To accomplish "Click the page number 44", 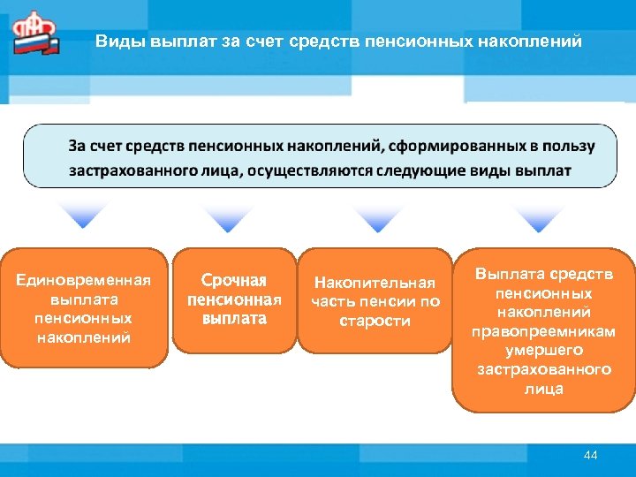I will pyautogui.click(x=591, y=455).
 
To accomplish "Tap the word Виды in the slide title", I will pyautogui.click(x=113, y=41).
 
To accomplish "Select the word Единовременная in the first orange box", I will pyautogui.click(x=85, y=280).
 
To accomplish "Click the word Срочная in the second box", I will pyautogui.click(x=233, y=280).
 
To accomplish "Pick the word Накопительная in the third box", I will pyautogui.click(x=375, y=283).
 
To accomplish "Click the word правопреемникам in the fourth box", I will pyautogui.click(x=542, y=331).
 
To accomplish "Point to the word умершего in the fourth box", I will pyautogui.click(x=542, y=350).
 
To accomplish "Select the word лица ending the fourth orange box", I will pyautogui.click(x=542, y=389).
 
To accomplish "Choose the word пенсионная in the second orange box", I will pyautogui.click(x=233, y=299).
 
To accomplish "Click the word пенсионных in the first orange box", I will pyautogui.click(x=85, y=318).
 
